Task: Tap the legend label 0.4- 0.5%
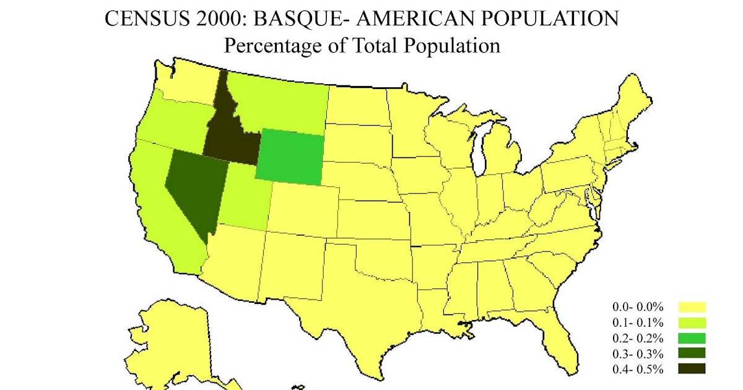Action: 638,370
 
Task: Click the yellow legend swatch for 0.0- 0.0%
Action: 692,307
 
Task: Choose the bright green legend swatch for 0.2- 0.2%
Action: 692,338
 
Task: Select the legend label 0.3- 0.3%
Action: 638,354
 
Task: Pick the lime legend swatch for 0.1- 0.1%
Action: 692,323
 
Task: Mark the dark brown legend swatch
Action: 692,370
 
